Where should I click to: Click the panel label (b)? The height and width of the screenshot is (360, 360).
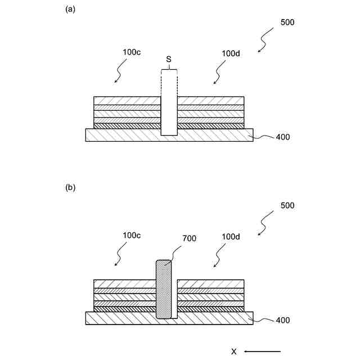point(70,188)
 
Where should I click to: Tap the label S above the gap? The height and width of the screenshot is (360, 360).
point(169,58)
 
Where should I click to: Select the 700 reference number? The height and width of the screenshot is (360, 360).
point(189,238)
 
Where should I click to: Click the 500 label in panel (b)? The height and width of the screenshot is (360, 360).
point(287,205)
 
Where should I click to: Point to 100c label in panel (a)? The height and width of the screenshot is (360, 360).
point(132,52)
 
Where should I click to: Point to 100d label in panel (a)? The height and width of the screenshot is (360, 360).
point(231,53)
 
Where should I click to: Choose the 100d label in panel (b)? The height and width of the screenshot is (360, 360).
point(231,237)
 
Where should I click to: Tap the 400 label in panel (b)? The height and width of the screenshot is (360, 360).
point(282,320)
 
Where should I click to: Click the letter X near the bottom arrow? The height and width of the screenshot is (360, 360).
point(234,352)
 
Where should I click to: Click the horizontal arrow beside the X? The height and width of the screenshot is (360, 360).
point(262,352)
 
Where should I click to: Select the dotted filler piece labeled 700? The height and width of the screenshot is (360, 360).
point(163,290)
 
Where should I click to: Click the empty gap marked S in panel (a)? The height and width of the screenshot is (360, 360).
point(169,112)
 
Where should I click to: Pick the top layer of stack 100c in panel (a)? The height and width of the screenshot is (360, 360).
point(127,100)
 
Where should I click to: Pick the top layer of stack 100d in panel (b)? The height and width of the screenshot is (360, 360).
point(211,283)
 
